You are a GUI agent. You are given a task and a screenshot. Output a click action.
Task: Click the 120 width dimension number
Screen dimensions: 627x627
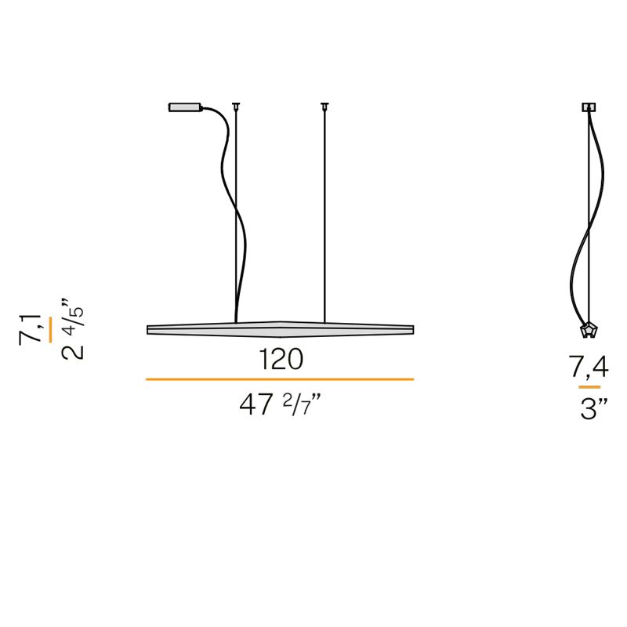pyautogui.click(x=281, y=359)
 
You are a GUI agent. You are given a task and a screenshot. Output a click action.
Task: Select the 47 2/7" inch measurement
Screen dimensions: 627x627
pyautogui.click(x=280, y=404)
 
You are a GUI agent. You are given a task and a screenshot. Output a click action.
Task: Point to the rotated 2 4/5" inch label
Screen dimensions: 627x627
pyautogui.click(x=73, y=329)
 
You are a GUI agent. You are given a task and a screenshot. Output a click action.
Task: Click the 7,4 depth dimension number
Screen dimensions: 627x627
pyautogui.click(x=589, y=368)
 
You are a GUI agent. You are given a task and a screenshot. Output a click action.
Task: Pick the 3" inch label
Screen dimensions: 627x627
pyautogui.click(x=594, y=409)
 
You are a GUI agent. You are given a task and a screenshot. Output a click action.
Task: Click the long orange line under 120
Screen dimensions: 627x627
pyautogui.click(x=280, y=379)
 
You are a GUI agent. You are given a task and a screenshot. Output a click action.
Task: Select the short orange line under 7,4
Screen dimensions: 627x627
pyautogui.click(x=589, y=387)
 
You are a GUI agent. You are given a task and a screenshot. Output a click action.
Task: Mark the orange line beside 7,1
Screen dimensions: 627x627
pyautogui.click(x=50, y=330)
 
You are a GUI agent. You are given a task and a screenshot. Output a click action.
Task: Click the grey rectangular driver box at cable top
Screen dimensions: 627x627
pyautogui.click(x=185, y=107)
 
